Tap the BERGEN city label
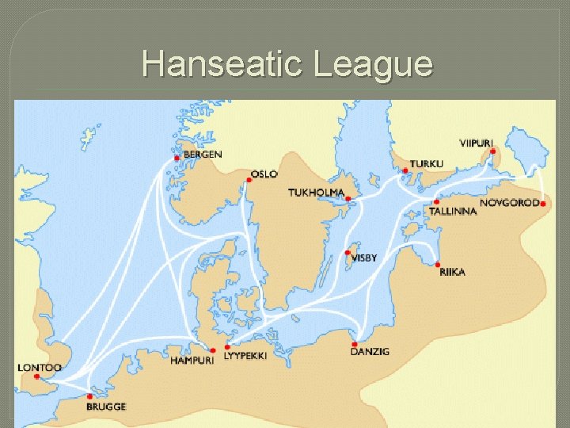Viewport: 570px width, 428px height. click(203, 154)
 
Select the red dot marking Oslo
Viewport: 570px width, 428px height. click(249, 180)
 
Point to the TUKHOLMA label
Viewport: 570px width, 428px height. click(316, 193)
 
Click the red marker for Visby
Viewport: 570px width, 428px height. click(348, 253)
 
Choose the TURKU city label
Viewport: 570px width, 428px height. click(427, 163)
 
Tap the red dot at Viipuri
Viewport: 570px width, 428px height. click(492, 152)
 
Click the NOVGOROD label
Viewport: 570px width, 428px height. click(509, 203)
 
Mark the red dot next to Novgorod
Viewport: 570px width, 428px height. click(544, 203)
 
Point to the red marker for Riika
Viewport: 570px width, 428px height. click(437, 263)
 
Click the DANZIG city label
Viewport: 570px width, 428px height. click(370, 351)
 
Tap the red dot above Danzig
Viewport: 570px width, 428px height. click(355, 344)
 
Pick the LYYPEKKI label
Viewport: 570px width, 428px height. click(245, 356)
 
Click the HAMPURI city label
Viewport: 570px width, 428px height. click(191, 361)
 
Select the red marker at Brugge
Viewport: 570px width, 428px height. click(90, 396)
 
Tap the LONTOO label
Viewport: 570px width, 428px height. click(40, 368)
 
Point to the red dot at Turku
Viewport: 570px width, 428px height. click(405, 170)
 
